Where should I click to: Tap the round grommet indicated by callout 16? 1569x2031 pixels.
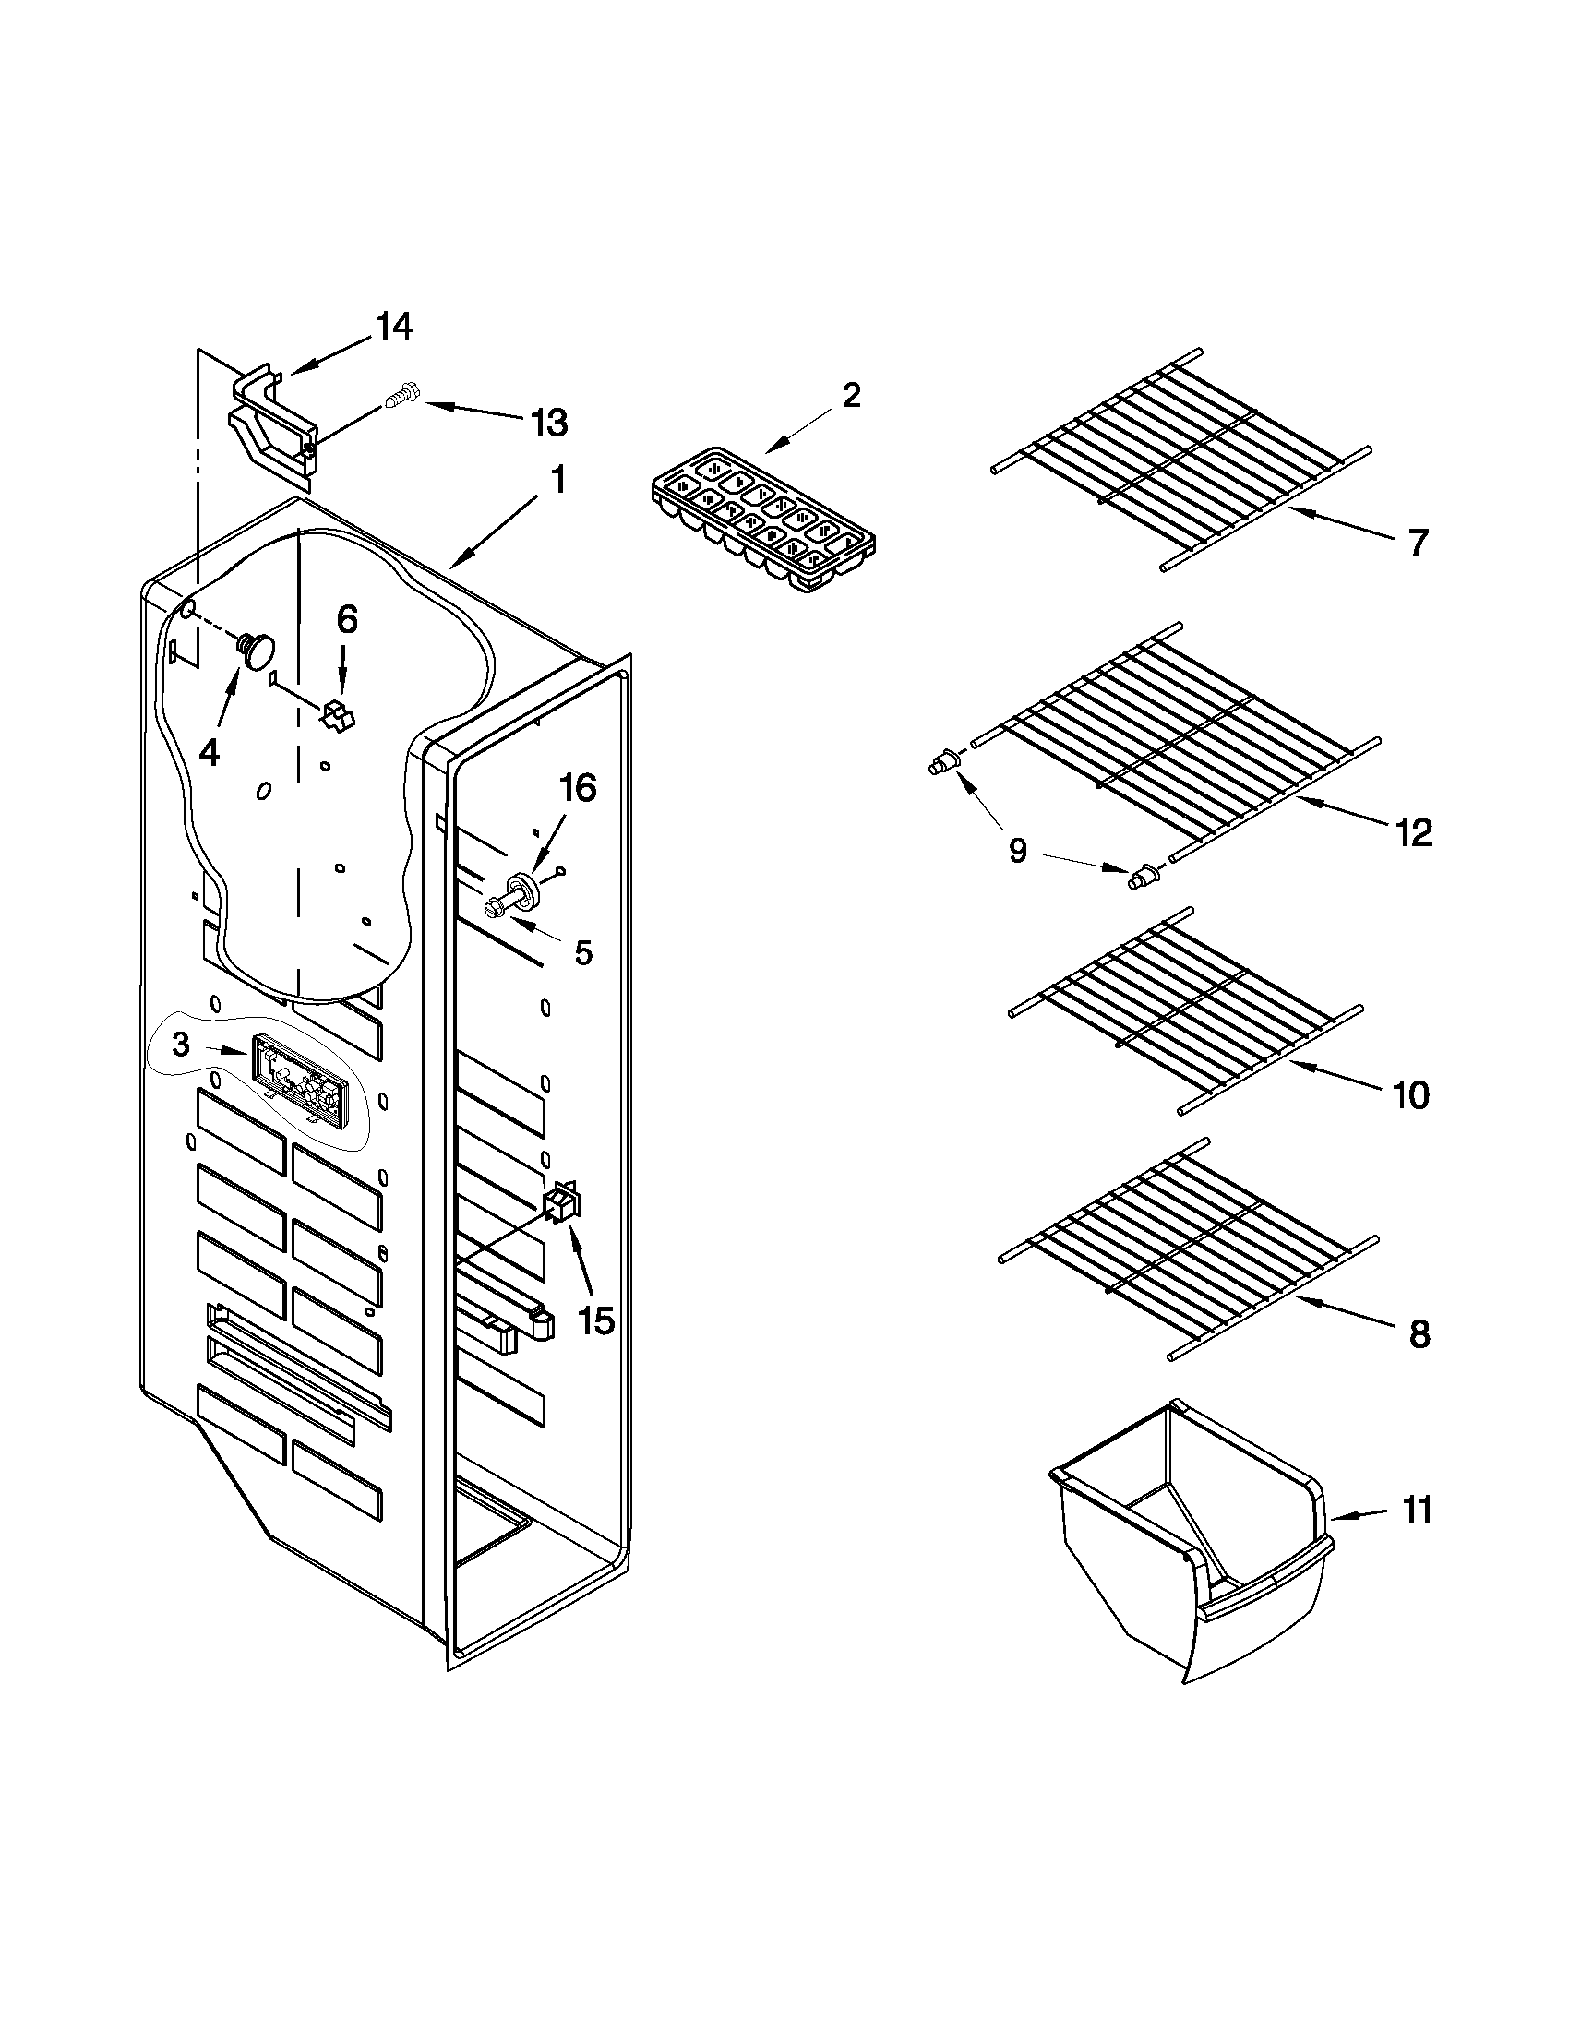pyautogui.click(x=525, y=888)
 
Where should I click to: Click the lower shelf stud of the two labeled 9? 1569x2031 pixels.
pyautogui.click(x=1141, y=876)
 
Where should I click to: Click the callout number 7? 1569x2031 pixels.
pyautogui.click(x=1416, y=544)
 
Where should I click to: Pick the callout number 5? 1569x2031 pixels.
pyautogui.click(x=583, y=952)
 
